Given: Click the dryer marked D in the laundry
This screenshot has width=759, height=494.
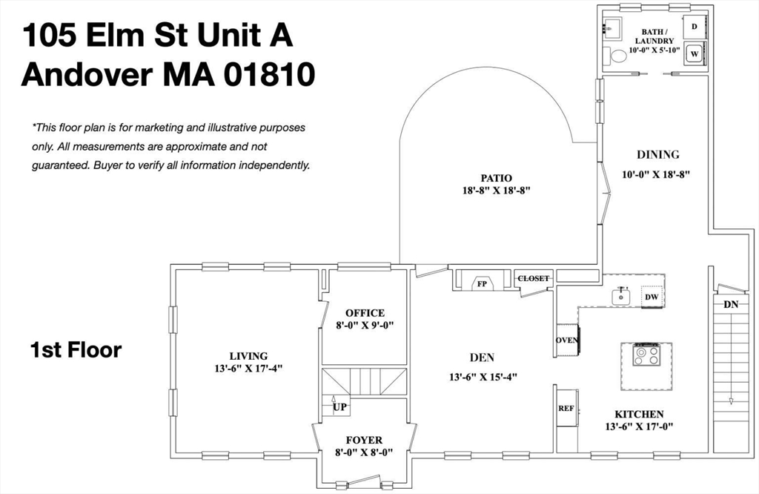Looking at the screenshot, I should tap(695, 27).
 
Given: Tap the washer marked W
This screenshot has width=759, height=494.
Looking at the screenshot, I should tap(695, 54).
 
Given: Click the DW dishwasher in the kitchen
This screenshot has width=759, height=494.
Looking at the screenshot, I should tap(652, 297).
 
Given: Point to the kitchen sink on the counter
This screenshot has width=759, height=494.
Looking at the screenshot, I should tap(622, 297).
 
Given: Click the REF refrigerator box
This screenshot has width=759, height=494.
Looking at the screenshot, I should tap(566, 407).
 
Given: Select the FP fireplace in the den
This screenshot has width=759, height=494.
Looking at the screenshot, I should tap(482, 283).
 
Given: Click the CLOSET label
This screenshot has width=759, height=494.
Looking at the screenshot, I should tap(534, 279).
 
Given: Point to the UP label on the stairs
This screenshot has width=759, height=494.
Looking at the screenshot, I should tap(339, 407).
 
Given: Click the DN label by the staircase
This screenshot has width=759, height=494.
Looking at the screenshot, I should tap(730, 304).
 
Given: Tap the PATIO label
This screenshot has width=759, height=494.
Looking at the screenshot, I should tap(496, 178).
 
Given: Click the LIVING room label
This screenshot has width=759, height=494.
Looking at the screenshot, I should tap(248, 356).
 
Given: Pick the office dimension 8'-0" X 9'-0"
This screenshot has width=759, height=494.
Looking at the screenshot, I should tap(365, 325).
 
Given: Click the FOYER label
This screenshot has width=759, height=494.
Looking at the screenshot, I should tap(364, 440).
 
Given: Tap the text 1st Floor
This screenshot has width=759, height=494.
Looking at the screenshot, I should tap(76, 350).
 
